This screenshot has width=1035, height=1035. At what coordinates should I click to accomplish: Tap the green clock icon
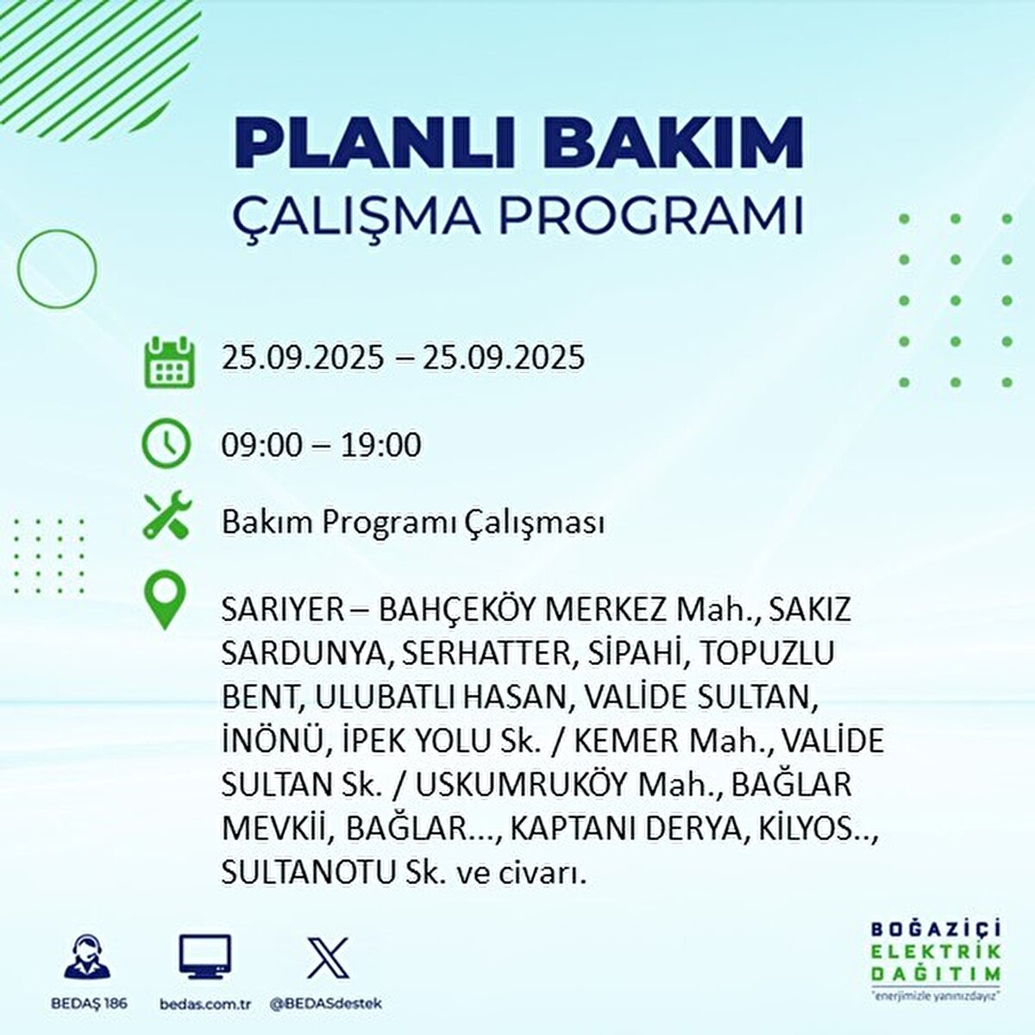166,443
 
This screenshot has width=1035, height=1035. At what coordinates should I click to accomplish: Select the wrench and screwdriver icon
167,517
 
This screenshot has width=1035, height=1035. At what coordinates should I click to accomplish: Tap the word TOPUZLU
767,654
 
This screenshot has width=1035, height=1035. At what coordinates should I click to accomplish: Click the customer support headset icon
88,957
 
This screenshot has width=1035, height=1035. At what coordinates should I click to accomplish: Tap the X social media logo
328,957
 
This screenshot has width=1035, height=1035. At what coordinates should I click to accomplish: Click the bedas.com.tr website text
205,1004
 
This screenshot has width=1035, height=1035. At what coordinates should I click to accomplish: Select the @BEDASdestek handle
326,1004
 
